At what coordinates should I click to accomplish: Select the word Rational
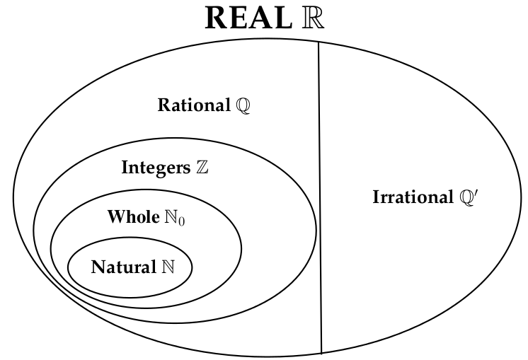click(x=193, y=106)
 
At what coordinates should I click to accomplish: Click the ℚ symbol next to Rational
click(x=243, y=107)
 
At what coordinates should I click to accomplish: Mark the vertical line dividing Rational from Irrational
click(x=319, y=198)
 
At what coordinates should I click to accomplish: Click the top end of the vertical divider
click(x=318, y=44)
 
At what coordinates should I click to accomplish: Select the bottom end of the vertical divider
click(x=321, y=352)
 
